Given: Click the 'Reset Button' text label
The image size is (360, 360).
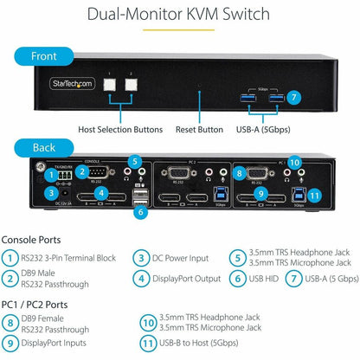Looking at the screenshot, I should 199,128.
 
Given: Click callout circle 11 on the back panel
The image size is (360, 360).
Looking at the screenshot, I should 315,195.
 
